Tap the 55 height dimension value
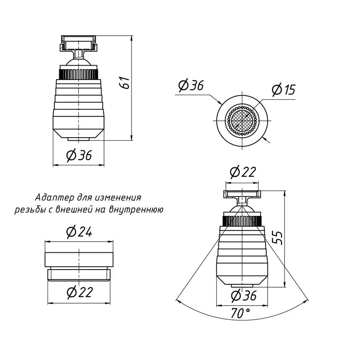pyautogui.click(x=279, y=238)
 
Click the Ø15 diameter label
pyautogui.click(x=283, y=89)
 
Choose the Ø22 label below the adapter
pyautogui.click(x=80, y=292)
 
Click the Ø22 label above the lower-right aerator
pyautogui.click(x=242, y=172)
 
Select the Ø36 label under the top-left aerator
pyautogui.click(x=79, y=155)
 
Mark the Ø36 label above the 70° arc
pyautogui.click(x=244, y=296)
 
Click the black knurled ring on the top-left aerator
pyautogui.click(x=79, y=74)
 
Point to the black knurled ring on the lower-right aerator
pyautogui.click(x=242, y=220)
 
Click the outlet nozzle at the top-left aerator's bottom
pyautogui.click(x=79, y=138)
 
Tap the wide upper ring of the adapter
pyautogui.click(x=79, y=260)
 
